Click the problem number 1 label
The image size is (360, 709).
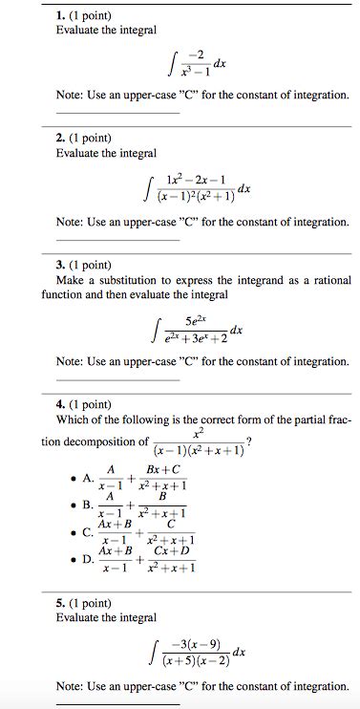point(61,14)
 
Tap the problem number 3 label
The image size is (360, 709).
point(61,264)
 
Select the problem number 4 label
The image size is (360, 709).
point(61,404)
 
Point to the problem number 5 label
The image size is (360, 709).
point(61,604)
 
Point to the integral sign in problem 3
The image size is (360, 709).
point(156,331)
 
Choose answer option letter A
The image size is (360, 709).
point(88,479)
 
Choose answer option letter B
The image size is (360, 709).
point(88,504)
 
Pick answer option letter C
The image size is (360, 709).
point(88,532)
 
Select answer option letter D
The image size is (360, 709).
point(88,559)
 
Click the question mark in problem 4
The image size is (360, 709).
point(249,440)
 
